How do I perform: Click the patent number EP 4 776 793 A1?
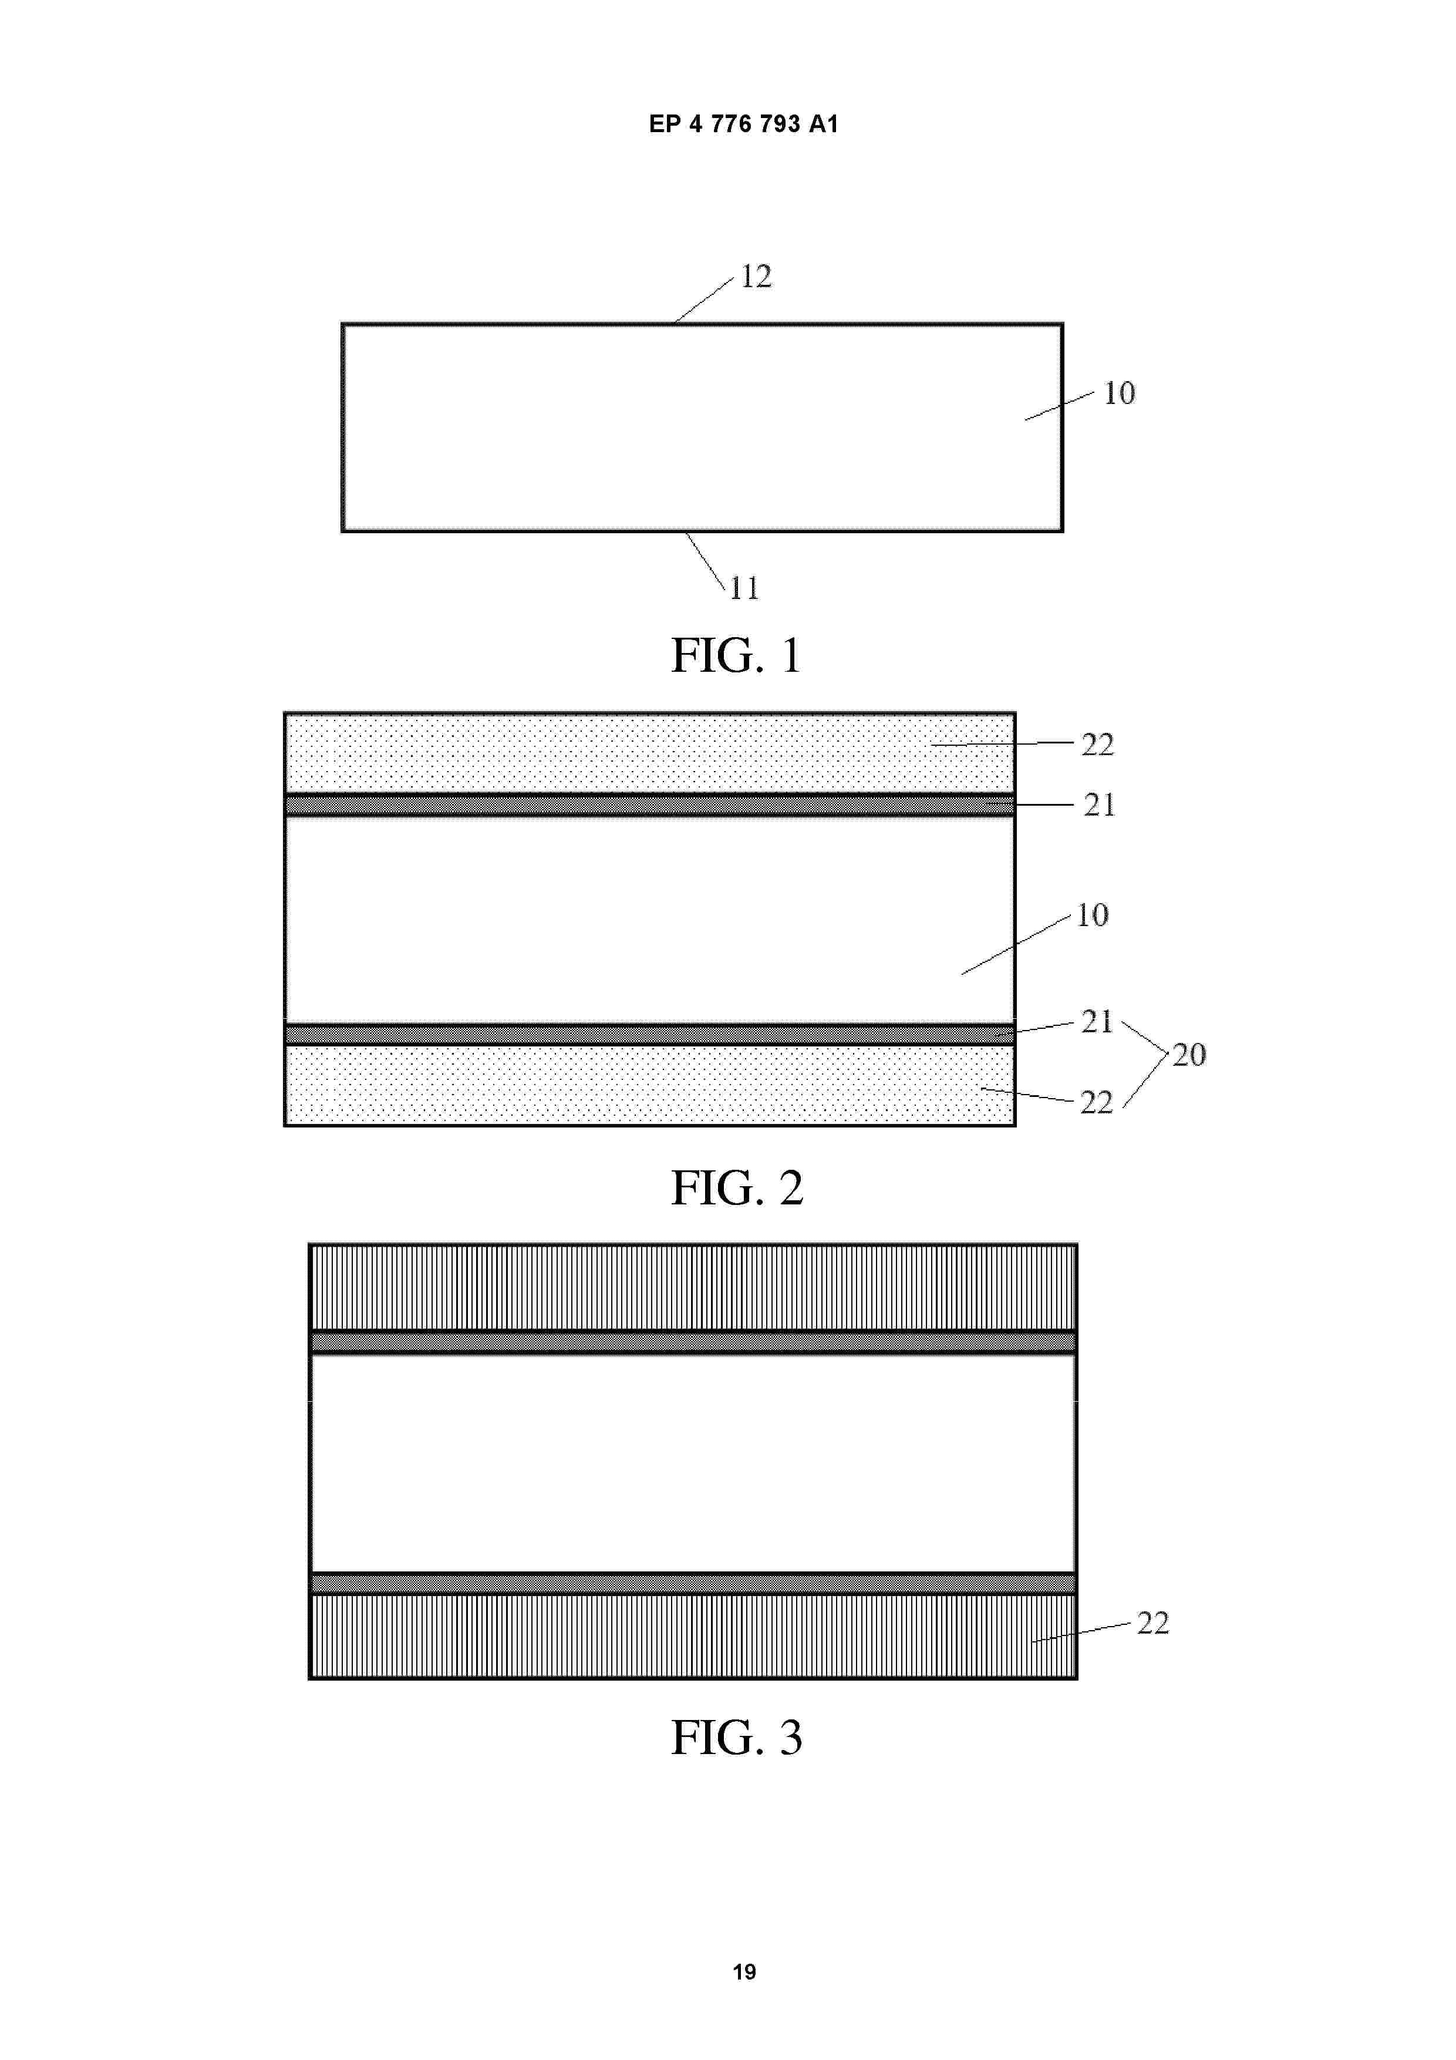pos(744,124)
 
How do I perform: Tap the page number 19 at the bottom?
pos(744,1971)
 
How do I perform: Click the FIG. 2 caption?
pos(737,1188)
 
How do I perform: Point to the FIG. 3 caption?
pos(737,1737)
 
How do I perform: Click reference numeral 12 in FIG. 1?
pos(756,277)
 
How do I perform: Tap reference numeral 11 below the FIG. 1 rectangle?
pos(744,588)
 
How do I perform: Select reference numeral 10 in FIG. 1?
pos(1118,393)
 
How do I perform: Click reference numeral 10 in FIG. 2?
pos(1092,915)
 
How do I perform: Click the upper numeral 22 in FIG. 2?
pos(1097,745)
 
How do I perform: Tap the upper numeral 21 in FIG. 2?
pos(1099,805)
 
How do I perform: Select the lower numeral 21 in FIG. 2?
pos(1096,1021)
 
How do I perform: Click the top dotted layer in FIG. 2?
pos(649,753)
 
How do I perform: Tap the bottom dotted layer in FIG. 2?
pos(649,1085)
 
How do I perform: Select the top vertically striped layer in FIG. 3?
pos(693,1287)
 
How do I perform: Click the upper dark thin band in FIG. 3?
pos(693,1342)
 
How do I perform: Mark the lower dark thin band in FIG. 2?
pos(649,1035)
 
